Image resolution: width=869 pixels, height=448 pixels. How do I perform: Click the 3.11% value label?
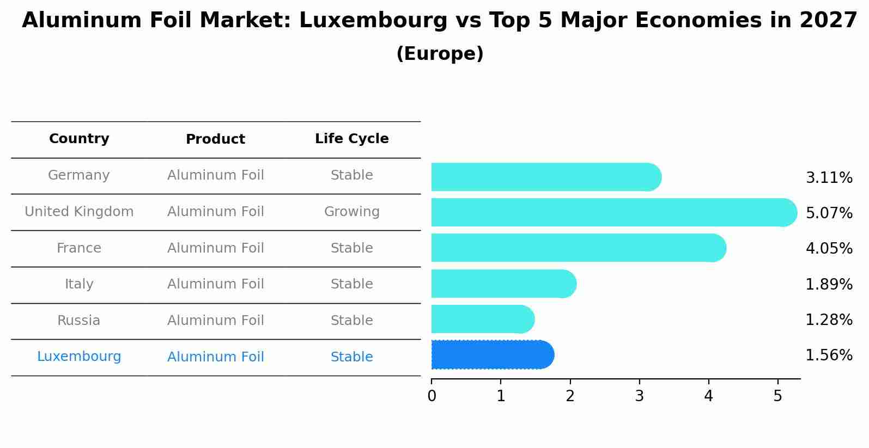[829, 178]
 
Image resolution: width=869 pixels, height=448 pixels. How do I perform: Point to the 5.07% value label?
[829, 213]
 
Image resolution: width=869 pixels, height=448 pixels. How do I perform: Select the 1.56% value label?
[829, 355]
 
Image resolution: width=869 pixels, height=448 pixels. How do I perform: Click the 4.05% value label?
[829, 249]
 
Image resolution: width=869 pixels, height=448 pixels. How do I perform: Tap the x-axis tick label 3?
[639, 396]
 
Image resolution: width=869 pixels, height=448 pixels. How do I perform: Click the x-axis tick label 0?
[432, 396]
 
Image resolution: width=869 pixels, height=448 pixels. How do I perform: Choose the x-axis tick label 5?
[777, 396]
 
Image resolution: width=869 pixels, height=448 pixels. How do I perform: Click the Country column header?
[79, 139]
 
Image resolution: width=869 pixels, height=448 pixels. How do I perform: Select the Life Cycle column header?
[351, 139]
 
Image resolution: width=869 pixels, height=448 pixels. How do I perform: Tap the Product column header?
[215, 139]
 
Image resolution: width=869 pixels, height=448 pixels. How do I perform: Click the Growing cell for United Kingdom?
[351, 212]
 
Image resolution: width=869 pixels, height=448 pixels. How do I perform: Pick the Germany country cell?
[79, 175]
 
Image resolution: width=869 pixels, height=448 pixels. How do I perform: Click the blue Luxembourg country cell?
[79, 357]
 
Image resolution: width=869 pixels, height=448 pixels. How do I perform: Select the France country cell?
[79, 248]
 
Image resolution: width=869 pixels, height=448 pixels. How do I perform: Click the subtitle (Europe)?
[440, 54]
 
